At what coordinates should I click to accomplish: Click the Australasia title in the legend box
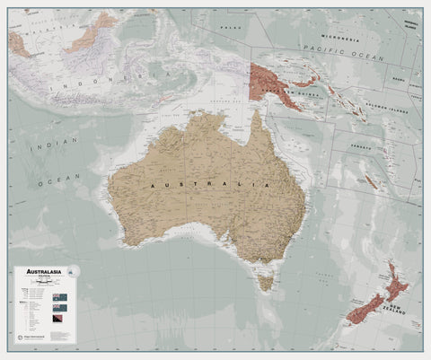click(42, 270)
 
